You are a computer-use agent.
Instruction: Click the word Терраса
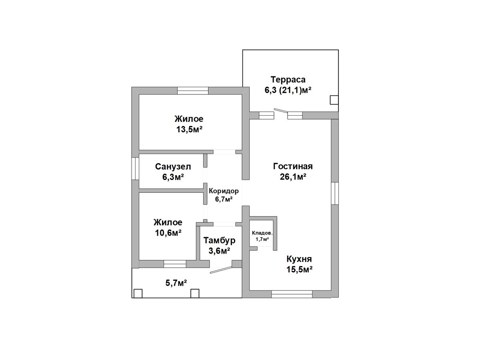pos(288,80)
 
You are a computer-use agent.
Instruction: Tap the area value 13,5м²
pos(189,129)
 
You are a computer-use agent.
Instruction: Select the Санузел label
pos(173,167)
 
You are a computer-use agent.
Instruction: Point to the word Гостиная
pos(293,166)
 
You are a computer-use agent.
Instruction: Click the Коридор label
pos(224,191)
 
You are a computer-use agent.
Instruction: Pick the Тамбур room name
pos(219,240)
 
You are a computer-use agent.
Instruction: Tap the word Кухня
pos(299,259)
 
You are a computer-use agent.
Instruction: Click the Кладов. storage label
pos(262,233)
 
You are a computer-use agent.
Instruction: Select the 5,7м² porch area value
pos(176,283)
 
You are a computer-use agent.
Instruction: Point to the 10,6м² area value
pos(168,233)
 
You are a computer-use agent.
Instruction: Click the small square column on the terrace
pos(334,100)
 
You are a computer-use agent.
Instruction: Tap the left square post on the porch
pos(138,293)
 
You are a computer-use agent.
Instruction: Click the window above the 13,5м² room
pos(193,90)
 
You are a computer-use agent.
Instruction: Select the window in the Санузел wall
pos(135,168)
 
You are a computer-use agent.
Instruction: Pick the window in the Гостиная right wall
pos(335,193)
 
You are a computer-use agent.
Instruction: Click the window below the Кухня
pos(292,294)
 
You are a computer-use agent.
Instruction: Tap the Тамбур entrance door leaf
pos(221,270)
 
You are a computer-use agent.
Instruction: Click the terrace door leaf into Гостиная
pos(281,111)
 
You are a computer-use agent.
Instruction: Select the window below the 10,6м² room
pos(175,264)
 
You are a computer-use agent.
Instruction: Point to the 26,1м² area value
pos(293,177)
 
